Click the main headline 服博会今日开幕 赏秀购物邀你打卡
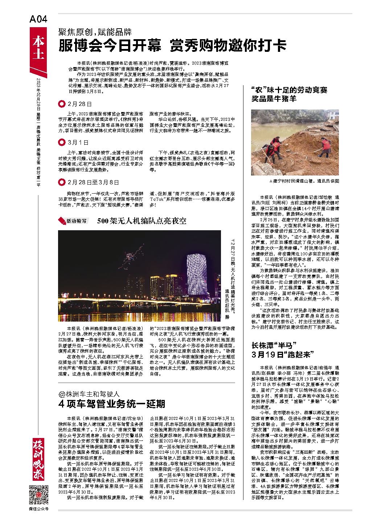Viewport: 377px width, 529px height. (173, 45)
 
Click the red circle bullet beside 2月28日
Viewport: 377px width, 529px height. (62, 104)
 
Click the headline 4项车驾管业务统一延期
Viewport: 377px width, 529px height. (112, 404)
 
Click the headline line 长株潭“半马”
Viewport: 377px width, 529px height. (274, 344)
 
